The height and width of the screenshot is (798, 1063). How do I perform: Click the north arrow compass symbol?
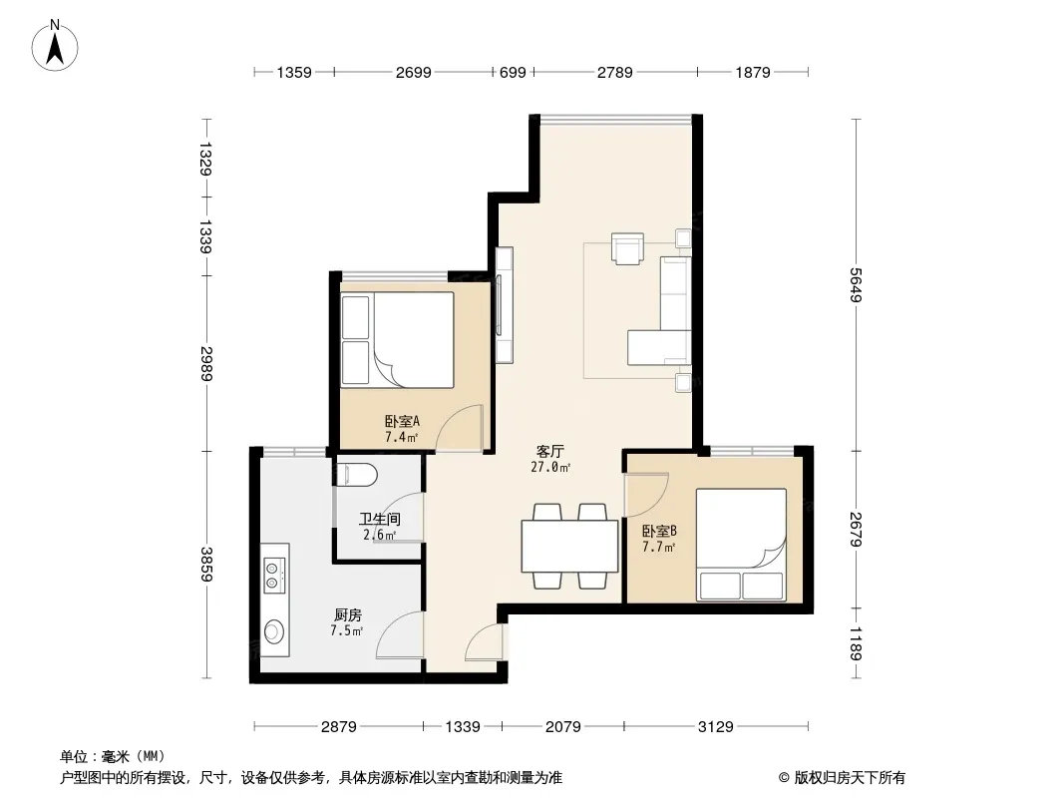(55, 46)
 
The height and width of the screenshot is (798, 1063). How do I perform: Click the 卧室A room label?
(402, 421)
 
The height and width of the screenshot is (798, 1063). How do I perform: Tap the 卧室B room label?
(659, 531)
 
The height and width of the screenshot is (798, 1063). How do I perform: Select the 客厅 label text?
(549, 451)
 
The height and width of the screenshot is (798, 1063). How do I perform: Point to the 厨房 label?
(348, 614)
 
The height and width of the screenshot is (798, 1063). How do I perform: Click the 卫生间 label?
(380, 520)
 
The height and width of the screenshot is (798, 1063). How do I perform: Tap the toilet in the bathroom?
(356, 474)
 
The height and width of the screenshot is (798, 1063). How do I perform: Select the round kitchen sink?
(274, 631)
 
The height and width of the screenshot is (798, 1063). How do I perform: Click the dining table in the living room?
(569, 546)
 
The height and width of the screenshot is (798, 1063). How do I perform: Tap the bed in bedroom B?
(742, 545)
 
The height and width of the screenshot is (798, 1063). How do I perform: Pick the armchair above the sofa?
(627, 248)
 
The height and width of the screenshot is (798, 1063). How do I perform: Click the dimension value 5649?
(857, 284)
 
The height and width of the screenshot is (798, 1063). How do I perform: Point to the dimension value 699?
(513, 72)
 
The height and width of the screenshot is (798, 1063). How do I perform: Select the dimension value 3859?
(206, 565)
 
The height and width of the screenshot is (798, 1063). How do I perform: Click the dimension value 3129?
(716, 727)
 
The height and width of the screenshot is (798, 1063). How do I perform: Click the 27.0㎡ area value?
(550, 467)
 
